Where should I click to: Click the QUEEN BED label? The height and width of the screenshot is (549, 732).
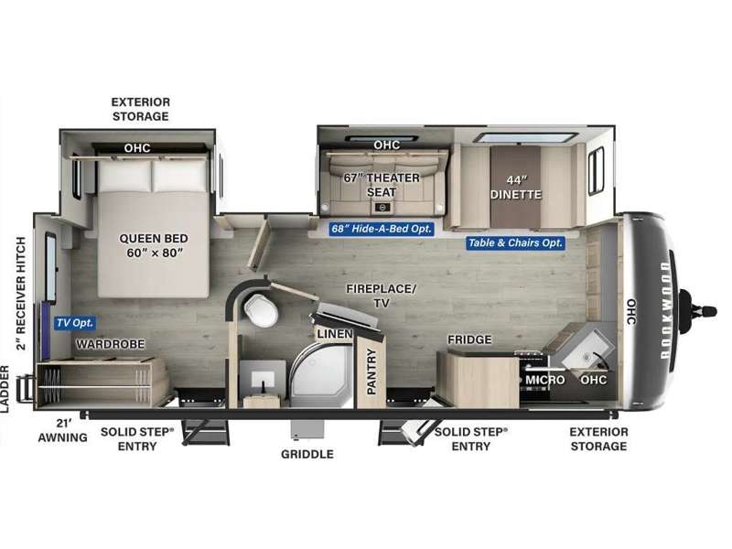(154, 245)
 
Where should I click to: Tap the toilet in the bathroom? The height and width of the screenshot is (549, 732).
(261, 309)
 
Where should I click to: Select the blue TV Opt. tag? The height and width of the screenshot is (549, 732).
(75, 323)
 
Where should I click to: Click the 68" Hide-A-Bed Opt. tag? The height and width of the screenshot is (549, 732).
(382, 229)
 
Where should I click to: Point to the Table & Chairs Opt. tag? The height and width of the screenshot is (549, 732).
(515, 242)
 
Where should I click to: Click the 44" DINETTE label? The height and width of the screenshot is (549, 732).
(516, 188)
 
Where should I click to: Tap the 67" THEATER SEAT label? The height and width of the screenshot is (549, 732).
(382, 185)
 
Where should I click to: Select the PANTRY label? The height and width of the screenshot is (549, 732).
(371, 371)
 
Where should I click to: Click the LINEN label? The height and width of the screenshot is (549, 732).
(334, 334)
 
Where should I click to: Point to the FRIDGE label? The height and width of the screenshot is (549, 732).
(469, 339)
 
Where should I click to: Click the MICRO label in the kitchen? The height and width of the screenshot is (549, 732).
(544, 380)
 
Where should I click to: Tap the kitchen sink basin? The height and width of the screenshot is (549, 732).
(588, 350)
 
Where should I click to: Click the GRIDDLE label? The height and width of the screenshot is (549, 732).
(307, 454)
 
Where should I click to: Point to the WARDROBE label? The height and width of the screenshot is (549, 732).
(111, 344)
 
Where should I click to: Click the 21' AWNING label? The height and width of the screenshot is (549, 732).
(62, 430)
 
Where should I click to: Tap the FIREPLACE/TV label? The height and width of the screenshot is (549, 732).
(381, 296)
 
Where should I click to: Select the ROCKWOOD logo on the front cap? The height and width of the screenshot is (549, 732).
(665, 310)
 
